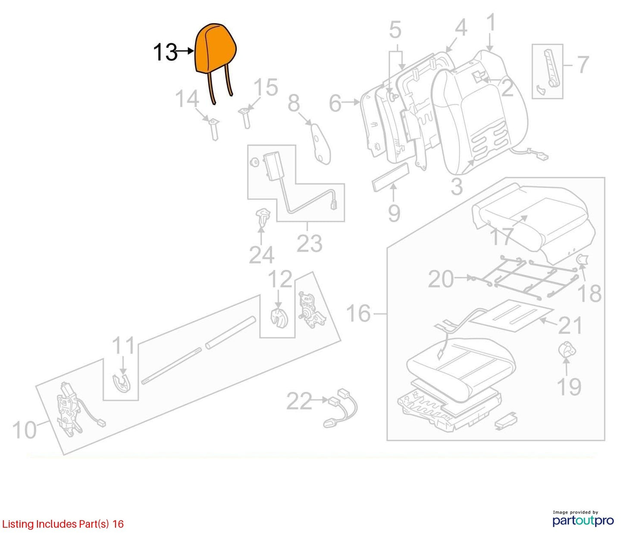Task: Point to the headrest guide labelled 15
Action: point(246,118)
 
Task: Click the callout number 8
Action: point(294,103)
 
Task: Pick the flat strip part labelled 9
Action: point(390,177)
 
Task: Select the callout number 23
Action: point(309,243)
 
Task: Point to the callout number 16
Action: point(359,313)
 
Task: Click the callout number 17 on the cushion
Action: point(501,236)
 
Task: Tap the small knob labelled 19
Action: point(567,350)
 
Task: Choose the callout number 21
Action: point(570,326)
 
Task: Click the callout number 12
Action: point(280,279)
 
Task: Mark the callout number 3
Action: point(457,187)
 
